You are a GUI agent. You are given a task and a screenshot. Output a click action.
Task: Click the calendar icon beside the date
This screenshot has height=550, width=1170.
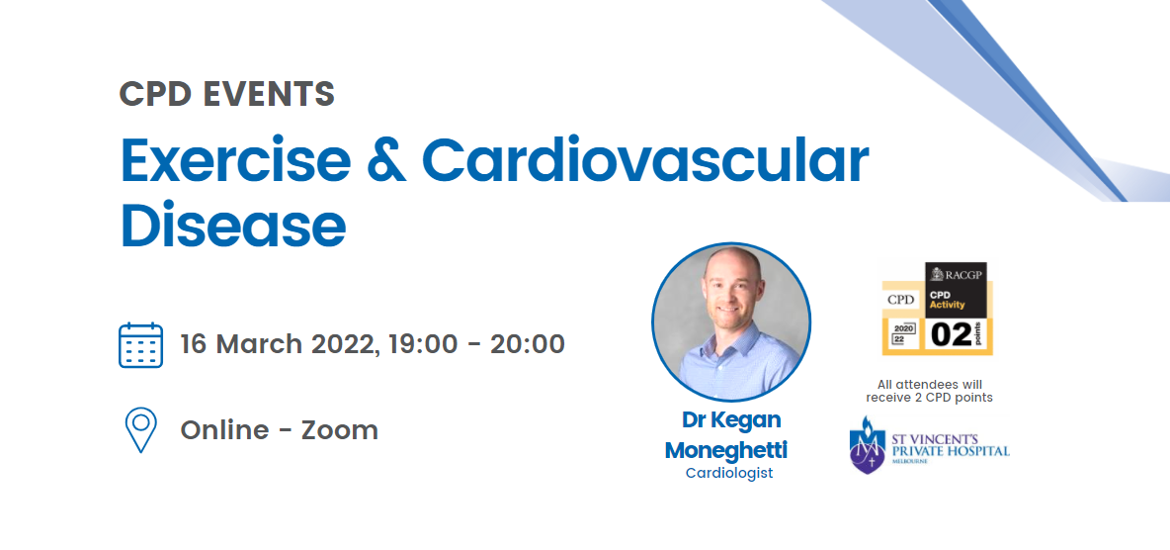tap(140, 345)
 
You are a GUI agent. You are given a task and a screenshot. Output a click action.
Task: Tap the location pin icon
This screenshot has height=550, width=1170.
tap(140, 429)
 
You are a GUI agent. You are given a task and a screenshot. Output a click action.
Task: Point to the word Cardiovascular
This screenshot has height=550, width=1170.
tap(646, 160)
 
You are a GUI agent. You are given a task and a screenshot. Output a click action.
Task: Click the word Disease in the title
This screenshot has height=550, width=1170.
tap(233, 225)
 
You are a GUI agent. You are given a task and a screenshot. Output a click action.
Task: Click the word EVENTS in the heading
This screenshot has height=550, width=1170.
tap(264, 93)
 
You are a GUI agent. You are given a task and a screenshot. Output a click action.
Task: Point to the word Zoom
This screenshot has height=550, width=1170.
tap(340, 430)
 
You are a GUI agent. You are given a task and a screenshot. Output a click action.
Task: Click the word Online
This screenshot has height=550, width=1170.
tap(224, 430)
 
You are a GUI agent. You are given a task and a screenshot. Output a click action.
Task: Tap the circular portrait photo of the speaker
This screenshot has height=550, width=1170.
tap(731, 321)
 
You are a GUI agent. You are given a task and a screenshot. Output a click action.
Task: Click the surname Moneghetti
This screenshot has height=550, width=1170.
tap(726, 451)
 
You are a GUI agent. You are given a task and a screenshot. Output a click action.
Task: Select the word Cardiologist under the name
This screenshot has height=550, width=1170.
tap(729, 473)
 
